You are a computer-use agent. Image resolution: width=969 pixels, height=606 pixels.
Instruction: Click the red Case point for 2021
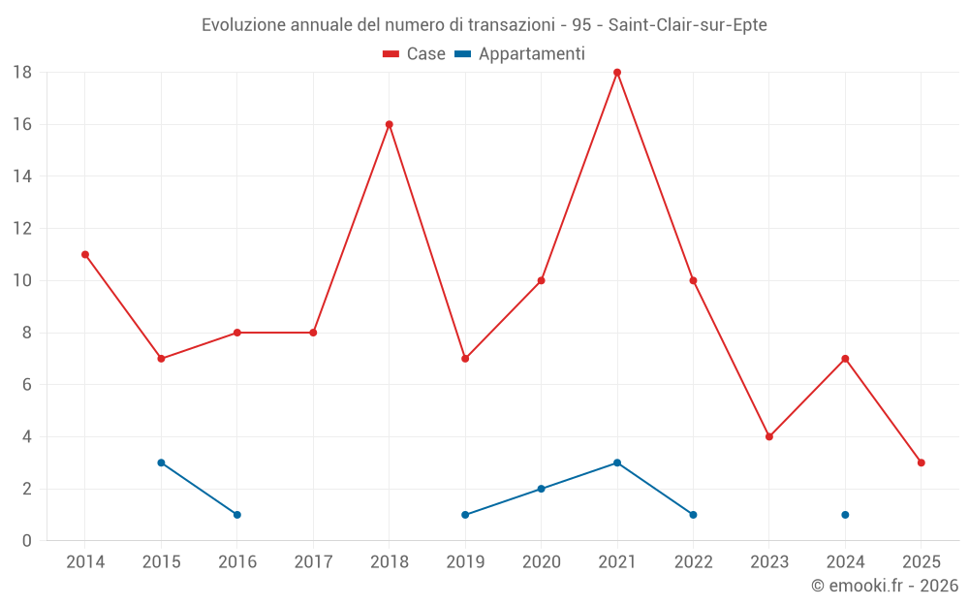click(x=617, y=73)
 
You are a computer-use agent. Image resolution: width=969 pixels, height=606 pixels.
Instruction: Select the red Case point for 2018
click(x=390, y=124)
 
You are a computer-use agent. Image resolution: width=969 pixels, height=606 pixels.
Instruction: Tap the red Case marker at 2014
click(x=85, y=254)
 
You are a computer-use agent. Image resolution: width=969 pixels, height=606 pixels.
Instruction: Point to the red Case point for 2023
click(x=769, y=436)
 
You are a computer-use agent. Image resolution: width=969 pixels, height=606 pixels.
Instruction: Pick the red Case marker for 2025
click(x=922, y=462)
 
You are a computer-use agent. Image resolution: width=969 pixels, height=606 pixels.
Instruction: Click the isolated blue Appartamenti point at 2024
click(x=846, y=515)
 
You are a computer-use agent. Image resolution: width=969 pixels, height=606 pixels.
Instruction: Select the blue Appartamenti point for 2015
click(x=161, y=462)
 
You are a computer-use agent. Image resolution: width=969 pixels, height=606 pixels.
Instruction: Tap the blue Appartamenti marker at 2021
click(x=617, y=462)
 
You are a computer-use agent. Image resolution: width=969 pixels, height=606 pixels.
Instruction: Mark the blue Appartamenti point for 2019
click(x=465, y=515)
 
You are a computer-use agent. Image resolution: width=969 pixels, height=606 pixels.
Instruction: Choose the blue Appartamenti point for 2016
click(x=237, y=515)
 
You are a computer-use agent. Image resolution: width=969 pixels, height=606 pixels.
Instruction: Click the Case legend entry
click(x=414, y=54)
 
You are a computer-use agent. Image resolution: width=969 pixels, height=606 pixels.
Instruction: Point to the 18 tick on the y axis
click(x=22, y=73)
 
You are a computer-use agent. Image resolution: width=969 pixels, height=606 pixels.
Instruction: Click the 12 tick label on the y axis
click(x=22, y=229)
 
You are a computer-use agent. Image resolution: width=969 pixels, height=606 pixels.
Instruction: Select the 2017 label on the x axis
click(x=313, y=562)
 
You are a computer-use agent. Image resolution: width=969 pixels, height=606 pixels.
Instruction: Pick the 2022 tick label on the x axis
click(x=693, y=562)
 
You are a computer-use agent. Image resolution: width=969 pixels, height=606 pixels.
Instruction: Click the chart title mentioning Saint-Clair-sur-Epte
click(x=484, y=25)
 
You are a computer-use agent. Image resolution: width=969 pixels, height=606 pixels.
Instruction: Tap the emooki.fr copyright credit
click(x=885, y=586)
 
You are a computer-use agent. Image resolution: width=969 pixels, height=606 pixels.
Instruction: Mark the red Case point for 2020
click(x=542, y=280)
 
